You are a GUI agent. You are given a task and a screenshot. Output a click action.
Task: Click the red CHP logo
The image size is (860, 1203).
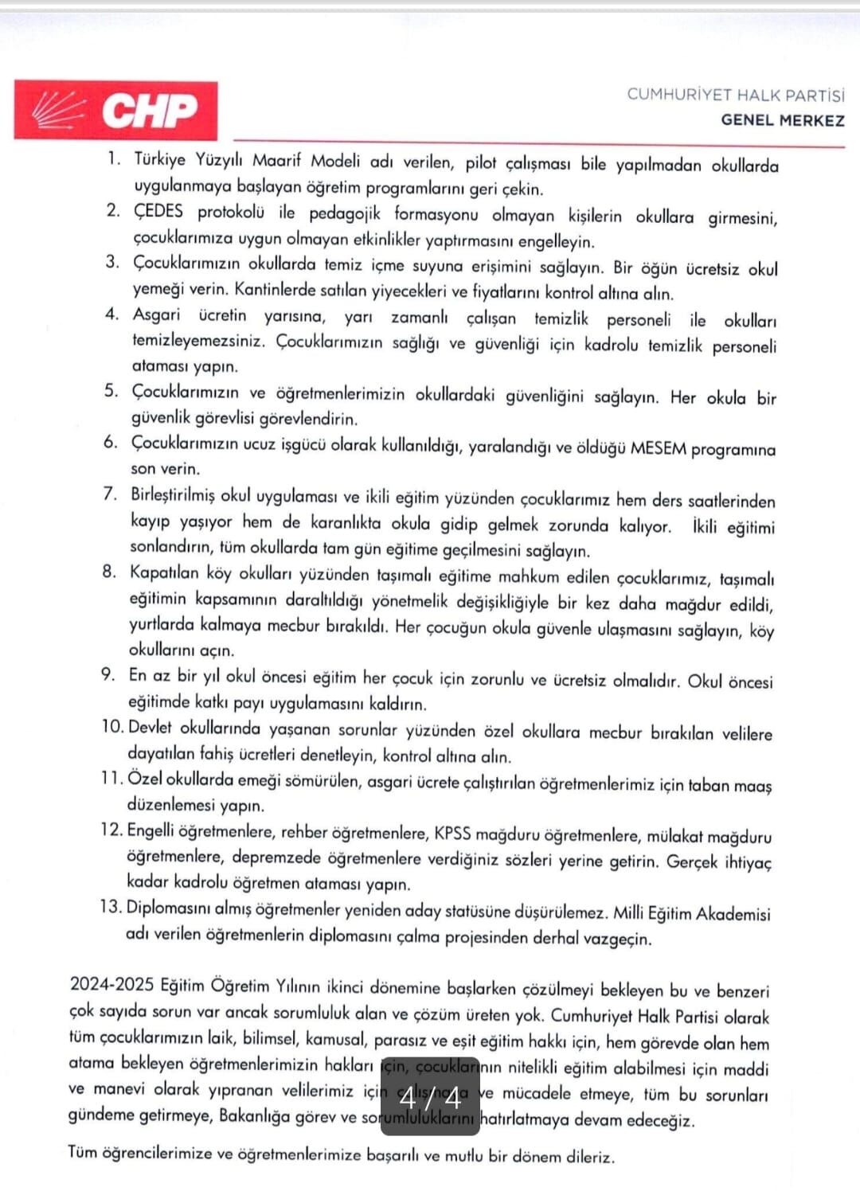pyautogui.click(x=115, y=110)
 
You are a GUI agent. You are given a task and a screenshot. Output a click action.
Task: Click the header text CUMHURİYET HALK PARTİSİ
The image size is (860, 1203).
pyautogui.click(x=735, y=95)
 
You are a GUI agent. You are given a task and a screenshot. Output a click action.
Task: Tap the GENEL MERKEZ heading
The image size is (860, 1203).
pyautogui.click(x=782, y=121)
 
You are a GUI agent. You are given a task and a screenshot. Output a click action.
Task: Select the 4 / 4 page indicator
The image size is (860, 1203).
pyautogui.click(x=430, y=1098)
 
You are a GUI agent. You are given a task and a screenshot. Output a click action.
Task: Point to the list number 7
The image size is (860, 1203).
pyautogui.click(x=110, y=494)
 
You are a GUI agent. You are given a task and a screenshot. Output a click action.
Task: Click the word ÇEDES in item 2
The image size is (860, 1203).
pyautogui.click(x=158, y=211)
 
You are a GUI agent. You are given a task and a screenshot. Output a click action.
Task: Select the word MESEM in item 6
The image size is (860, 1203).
pyautogui.click(x=658, y=448)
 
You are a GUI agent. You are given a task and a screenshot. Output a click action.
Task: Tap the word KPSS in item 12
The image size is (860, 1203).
pyautogui.click(x=452, y=834)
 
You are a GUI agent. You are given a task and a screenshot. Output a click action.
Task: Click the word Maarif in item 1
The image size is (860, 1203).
pyautogui.click(x=276, y=160)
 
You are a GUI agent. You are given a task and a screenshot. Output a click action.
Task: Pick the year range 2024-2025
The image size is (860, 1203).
pyautogui.click(x=111, y=984)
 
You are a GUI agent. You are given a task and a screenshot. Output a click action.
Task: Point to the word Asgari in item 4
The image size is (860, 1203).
pyautogui.click(x=156, y=314)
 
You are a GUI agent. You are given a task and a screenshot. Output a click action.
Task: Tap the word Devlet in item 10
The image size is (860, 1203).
pyautogui.click(x=150, y=727)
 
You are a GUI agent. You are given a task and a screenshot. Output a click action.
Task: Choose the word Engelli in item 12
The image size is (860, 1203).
pyautogui.click(x=149, y=830)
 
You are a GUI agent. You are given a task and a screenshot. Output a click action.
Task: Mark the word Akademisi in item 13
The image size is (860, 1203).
pyautogui.click(x=733, y=914)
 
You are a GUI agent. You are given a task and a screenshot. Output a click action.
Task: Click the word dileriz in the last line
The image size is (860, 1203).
pyautogui.click(x=590, y=1157)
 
